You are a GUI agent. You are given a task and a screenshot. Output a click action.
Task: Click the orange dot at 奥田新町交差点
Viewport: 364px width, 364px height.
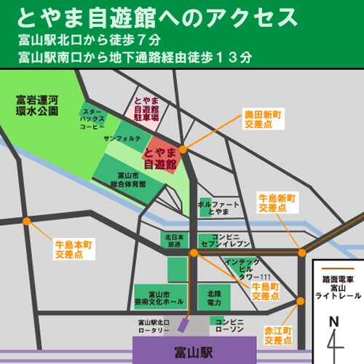click(x=183, y=149)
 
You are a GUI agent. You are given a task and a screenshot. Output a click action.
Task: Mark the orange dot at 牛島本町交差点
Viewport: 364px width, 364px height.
click(x=26, y=221)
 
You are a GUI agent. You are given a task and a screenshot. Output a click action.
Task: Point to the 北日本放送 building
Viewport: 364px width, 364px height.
click(x=173, y=240)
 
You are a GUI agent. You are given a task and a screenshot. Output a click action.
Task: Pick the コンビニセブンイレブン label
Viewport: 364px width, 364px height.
click(x=232, y=240)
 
